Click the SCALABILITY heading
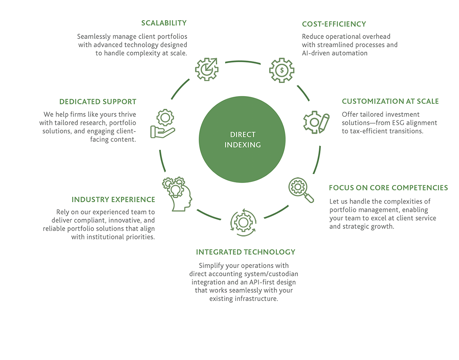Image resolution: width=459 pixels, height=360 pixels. (x=164, y=23)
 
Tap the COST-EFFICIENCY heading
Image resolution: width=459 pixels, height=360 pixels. (x=334, y=24)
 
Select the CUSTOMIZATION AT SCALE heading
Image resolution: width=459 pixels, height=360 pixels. (x=390, y=102)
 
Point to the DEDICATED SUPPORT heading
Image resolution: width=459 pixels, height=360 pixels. (x=98, y=102)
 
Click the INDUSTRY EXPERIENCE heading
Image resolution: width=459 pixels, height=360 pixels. (x=113, y=200)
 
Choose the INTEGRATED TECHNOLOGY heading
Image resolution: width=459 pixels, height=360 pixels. (x=245, y=252)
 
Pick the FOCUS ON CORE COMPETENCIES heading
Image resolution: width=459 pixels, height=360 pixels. (x=388, y=188)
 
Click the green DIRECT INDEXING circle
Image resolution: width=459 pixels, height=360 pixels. (x=242, y=140)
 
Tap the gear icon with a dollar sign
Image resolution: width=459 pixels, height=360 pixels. (x=282, y=70)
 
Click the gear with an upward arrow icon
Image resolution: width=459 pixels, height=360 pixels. (x=207, y=69)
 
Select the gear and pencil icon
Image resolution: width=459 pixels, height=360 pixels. (x=316, y=122)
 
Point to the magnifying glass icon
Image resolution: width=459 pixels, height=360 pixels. (x=301, y=190)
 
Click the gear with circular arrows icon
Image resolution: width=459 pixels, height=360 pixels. (x=243, y=223)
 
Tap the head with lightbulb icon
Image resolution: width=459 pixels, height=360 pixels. (x=177, y=194)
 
